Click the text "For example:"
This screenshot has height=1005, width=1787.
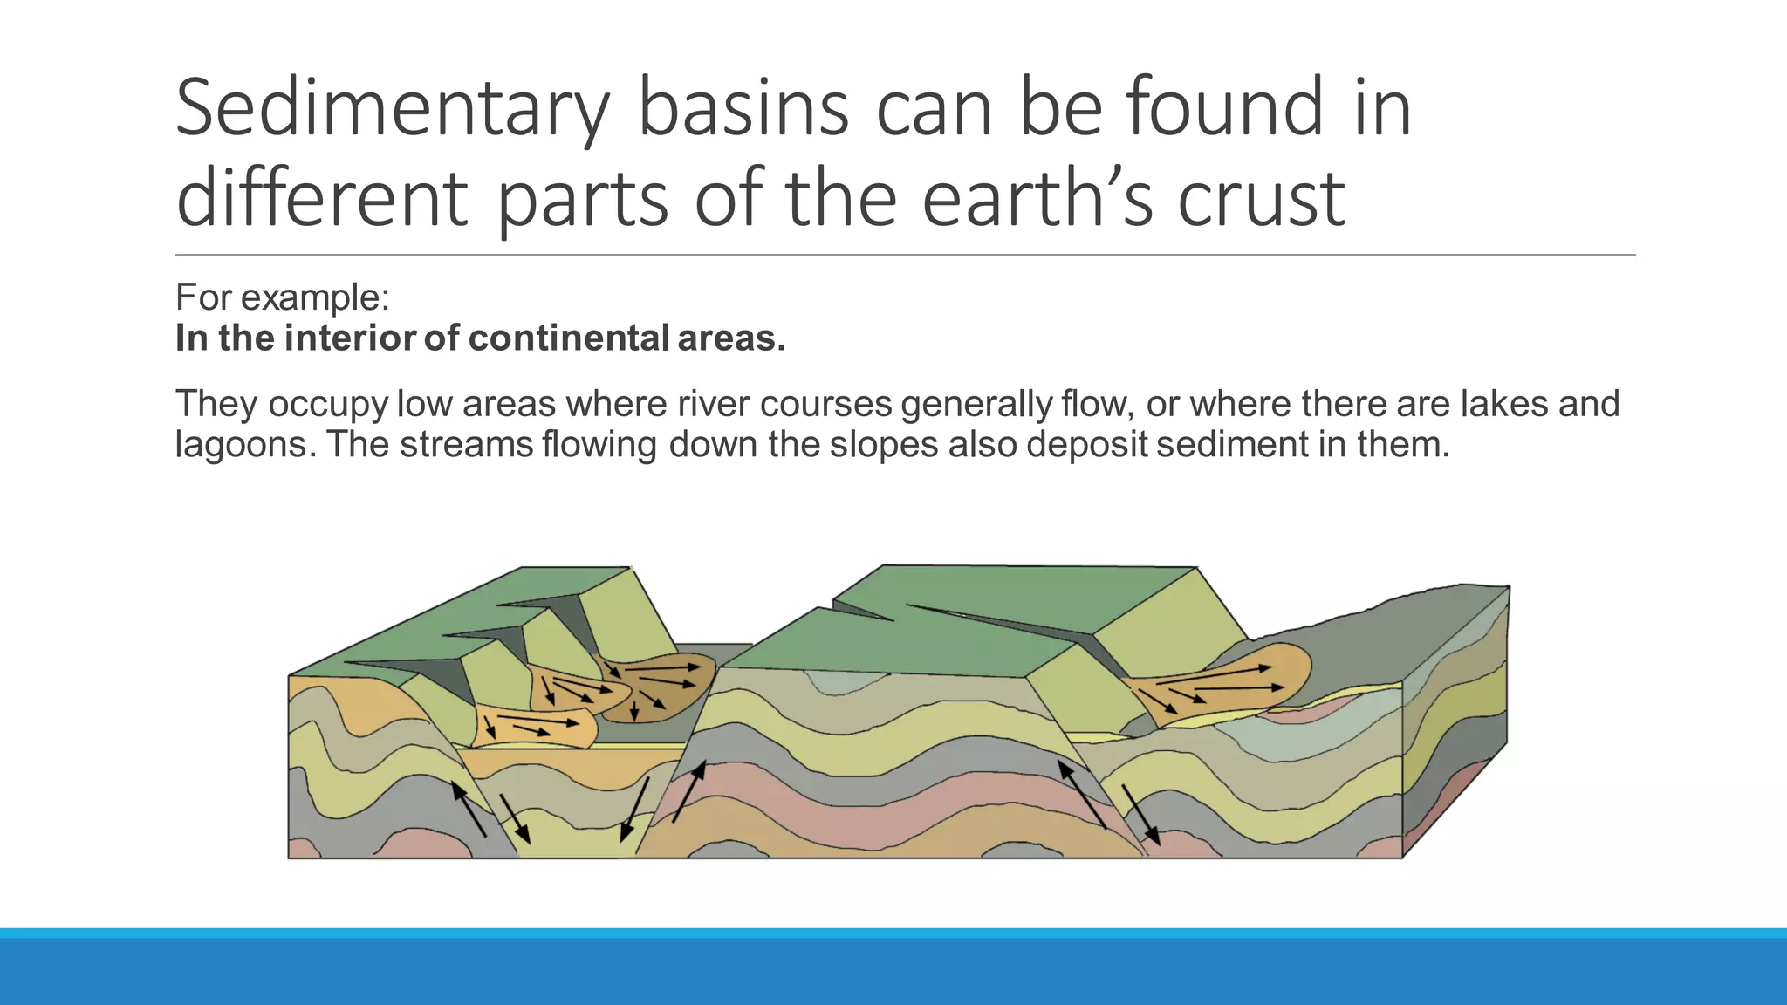[x=282, y=297]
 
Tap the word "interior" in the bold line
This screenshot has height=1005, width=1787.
[x=349, y=338]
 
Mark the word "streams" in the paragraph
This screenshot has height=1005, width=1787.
[x=466, y=445]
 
